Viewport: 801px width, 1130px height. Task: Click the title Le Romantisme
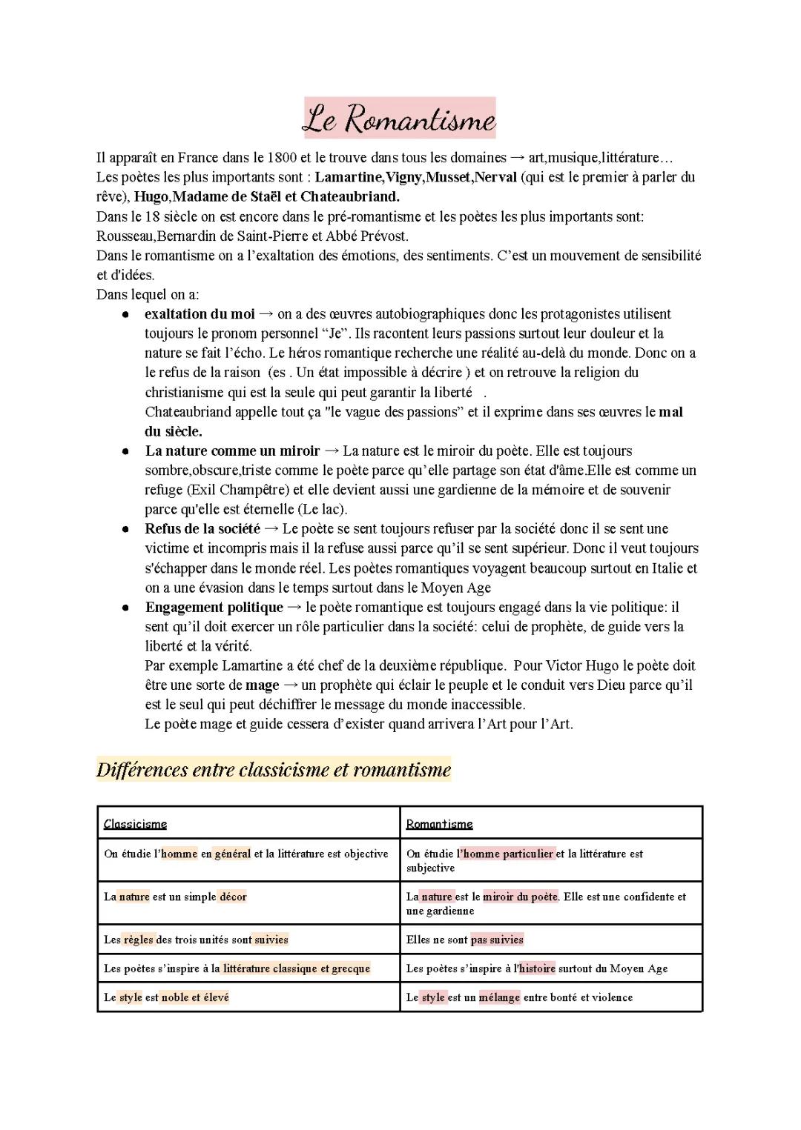tap(399, 119)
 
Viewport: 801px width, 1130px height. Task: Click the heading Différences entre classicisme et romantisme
tap(274, 770)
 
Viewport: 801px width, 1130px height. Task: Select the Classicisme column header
tap(135, 824)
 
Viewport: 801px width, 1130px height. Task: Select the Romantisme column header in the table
tap(439, 824)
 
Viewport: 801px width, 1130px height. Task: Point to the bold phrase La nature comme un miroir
tap(232, 451)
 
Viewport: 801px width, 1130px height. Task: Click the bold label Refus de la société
tap(202, 529)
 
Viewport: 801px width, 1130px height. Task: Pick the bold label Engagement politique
tap(214, 608)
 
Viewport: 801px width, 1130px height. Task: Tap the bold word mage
tap(263, 685)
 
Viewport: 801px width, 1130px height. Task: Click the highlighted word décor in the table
tap(233, 897)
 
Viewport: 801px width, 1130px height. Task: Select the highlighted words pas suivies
tap(497, 940)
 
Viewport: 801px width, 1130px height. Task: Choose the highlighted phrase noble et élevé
tap(195, 997)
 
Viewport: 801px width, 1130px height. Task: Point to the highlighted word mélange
tap(499, 997)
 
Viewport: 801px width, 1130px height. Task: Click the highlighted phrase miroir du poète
tap(520, 897)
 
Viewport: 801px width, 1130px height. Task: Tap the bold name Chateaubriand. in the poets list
tap(349, 197)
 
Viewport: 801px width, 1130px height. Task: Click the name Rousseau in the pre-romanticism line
tap(125, 236)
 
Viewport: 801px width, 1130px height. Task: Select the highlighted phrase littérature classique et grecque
tap(296, 968)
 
